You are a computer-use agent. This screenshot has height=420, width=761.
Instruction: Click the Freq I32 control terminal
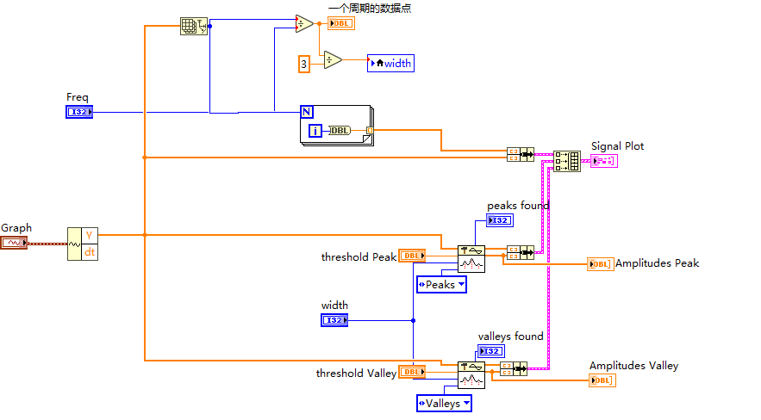[79, 112]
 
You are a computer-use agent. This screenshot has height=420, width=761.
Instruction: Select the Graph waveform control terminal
[14, 242]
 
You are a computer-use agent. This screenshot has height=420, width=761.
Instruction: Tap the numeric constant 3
[304, 64]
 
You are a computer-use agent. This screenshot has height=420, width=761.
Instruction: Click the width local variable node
[390, 63]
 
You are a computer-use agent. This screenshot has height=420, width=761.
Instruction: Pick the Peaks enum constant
[441, 284]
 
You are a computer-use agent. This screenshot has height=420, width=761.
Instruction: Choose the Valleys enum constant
[444, 403]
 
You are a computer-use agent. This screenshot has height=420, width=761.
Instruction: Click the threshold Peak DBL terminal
[412, 256]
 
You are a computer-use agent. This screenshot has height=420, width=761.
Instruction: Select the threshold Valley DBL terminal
[412, 372]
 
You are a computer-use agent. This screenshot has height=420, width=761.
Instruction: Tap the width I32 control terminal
[334, 320]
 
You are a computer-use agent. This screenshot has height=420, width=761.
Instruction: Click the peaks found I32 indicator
[500, 220]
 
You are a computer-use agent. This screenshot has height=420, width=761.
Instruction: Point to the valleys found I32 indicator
[491, 351]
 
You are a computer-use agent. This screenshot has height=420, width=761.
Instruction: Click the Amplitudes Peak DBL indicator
[601, 264]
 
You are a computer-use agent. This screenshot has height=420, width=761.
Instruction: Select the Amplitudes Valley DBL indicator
[602, 380]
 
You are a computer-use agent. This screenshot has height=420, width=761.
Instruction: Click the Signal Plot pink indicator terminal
[604, 161]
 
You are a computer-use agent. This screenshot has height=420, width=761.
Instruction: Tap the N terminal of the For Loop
[307, 112]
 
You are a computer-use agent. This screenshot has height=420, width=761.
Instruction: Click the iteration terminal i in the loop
[315, 131]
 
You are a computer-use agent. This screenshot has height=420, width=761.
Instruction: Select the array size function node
[194, 26]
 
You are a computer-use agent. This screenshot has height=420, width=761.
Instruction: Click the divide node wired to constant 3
[333, 60]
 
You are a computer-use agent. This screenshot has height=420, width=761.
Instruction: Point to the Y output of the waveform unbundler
[90, 236]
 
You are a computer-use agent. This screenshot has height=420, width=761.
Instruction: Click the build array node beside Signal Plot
[567, 161]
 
